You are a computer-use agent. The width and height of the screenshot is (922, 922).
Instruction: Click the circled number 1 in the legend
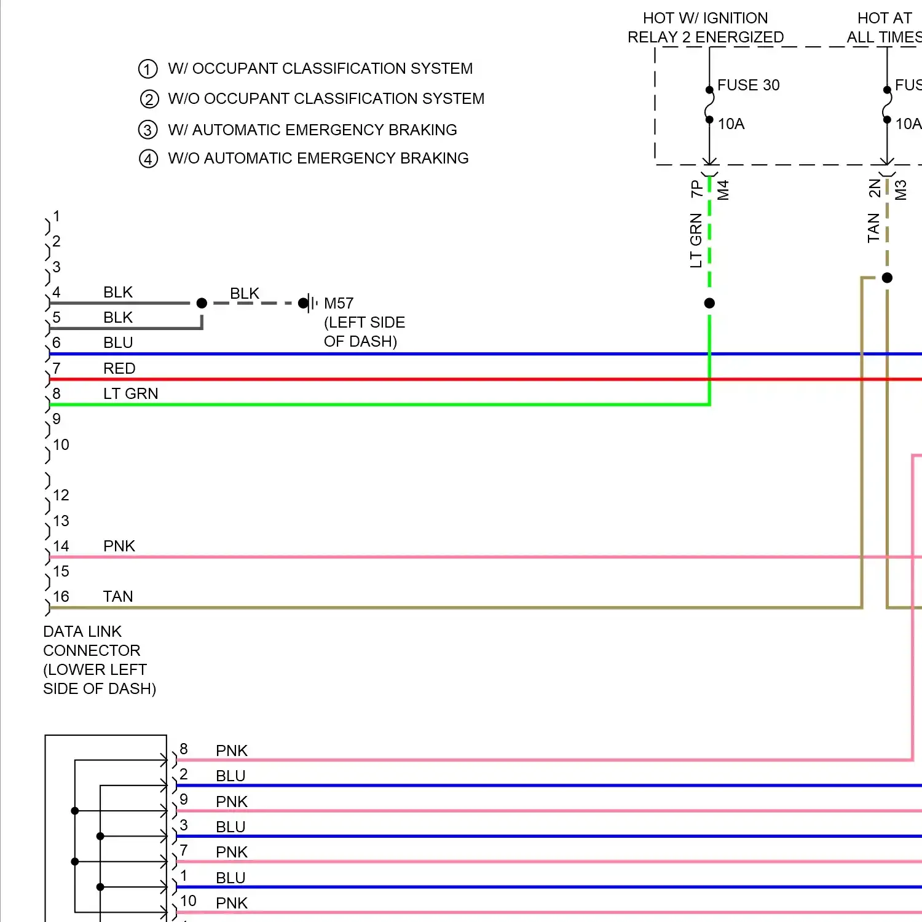148,69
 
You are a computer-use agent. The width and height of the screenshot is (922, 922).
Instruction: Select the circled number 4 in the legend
148,159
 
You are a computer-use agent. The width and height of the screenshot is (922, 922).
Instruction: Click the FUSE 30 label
748,85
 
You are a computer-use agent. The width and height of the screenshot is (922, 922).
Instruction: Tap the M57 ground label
339,303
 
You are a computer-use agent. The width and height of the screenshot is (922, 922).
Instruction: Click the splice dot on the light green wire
709,303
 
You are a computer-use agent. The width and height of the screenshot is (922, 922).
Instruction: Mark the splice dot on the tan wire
887,278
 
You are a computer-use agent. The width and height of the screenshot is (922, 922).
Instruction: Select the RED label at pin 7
119,368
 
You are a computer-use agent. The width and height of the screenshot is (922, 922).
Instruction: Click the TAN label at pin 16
118,596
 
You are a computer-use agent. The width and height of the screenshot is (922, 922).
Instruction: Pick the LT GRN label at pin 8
130,393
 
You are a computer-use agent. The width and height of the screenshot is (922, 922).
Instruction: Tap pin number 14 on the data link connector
61,546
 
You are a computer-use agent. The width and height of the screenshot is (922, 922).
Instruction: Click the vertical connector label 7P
696,188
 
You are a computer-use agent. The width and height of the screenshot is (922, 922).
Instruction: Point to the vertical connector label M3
901,189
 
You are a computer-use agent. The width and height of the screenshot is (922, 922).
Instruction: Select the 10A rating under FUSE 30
731,124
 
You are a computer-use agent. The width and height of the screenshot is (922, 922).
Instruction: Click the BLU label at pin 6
118,342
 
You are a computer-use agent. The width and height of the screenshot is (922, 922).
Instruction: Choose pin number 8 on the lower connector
184,749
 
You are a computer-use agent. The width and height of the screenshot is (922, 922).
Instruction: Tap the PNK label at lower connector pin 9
232,802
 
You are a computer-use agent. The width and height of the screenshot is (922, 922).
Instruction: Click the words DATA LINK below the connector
82,631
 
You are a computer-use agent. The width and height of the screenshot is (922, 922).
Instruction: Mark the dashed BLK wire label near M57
245,293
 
